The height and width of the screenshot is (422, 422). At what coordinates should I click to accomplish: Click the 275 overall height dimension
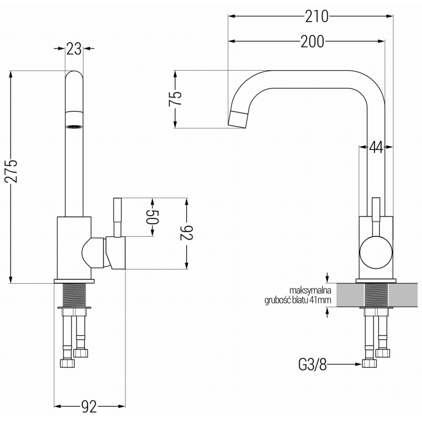coord(11,170)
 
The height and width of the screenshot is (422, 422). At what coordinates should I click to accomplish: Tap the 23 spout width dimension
coord(74,49)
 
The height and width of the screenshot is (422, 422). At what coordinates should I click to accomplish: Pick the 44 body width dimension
coord(375,148)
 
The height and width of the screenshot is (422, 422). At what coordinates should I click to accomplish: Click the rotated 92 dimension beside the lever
coord(187,233)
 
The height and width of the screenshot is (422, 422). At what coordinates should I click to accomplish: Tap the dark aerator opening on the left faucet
coord(74,127)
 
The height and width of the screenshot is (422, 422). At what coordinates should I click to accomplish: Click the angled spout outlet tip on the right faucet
coord(239,118)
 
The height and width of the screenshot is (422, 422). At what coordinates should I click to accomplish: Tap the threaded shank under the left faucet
coord(74,295)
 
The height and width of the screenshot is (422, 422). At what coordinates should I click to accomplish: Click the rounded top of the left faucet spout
coord(74,76)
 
